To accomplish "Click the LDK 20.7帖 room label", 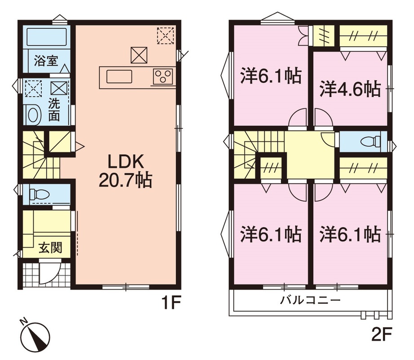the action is pyautogui.click(x=125, y=171).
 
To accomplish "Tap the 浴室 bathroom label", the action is pyautogui.click(x=46, y=61).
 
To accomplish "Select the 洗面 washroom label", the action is pyautogui.click(x=54, y=110).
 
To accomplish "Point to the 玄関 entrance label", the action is pyautogui.click(x=50, y=247).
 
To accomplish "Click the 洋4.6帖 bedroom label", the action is pyautogui.click(x=350, y=90).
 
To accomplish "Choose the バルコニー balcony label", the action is pyautogui.click(x=310, y=300).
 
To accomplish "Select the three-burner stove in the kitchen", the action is pyautogui.click(x=163, y=76).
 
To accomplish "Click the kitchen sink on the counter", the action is pyautogui.click(x=119, y=77).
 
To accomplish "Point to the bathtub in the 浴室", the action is pyautogui.click(x=46, y=37).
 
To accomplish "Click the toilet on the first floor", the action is pyautogui.click(x=39, y=194).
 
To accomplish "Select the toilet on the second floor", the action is pyautogui.click(x=371, y=141).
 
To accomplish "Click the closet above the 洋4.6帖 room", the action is pyautogui.click(x=363, y=36).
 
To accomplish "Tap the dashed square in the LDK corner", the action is pyautogui.click(x=165, y=36).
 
